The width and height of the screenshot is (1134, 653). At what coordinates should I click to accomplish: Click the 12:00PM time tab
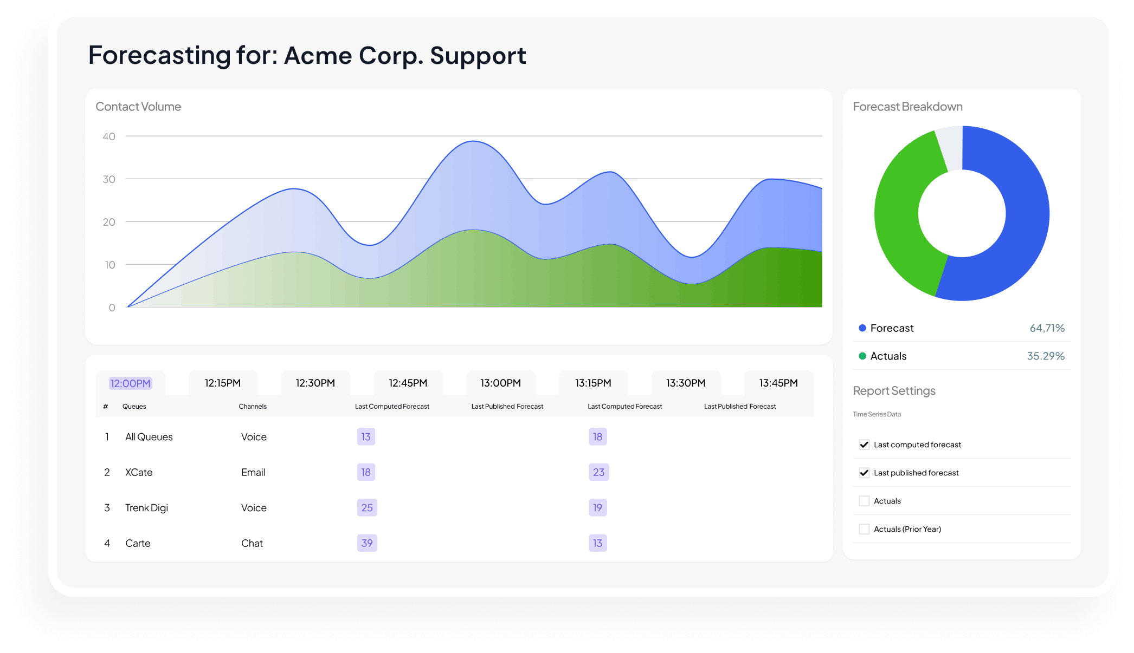pos(130,383)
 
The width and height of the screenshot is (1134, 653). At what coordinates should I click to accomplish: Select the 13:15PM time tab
pos(593,383)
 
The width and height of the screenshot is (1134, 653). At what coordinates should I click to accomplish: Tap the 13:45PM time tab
pos(778,383)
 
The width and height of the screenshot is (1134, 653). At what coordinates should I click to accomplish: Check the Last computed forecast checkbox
pos(864,445)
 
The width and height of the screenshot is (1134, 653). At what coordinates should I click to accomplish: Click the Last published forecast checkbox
pos(864,473)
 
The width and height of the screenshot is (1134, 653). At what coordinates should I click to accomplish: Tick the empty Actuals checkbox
pos(864,501)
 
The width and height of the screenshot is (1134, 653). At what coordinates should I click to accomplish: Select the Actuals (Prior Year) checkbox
pos(864,529)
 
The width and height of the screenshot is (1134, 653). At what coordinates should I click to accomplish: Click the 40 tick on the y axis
pos(109,136)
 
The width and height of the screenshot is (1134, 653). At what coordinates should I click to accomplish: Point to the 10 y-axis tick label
pos(110,265)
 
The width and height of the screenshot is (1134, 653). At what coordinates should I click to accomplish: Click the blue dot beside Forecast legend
pos(862,328)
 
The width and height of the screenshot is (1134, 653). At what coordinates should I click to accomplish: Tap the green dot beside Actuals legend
pos(862,356)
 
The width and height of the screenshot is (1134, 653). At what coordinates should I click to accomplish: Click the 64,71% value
pos(1047,328)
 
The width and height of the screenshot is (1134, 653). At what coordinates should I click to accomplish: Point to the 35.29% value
pos(1046,356)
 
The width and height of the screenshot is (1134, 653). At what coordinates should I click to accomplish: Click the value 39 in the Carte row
pos(367,543)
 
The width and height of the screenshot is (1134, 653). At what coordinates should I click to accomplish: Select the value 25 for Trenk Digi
pos(367,508)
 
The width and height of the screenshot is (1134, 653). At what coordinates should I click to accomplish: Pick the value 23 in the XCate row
pos(598,472)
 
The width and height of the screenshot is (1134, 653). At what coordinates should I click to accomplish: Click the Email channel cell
pos(253,472)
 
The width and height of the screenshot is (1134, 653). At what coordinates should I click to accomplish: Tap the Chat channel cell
pos(252,543)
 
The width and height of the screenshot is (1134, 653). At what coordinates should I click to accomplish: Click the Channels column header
pos(253,407)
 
